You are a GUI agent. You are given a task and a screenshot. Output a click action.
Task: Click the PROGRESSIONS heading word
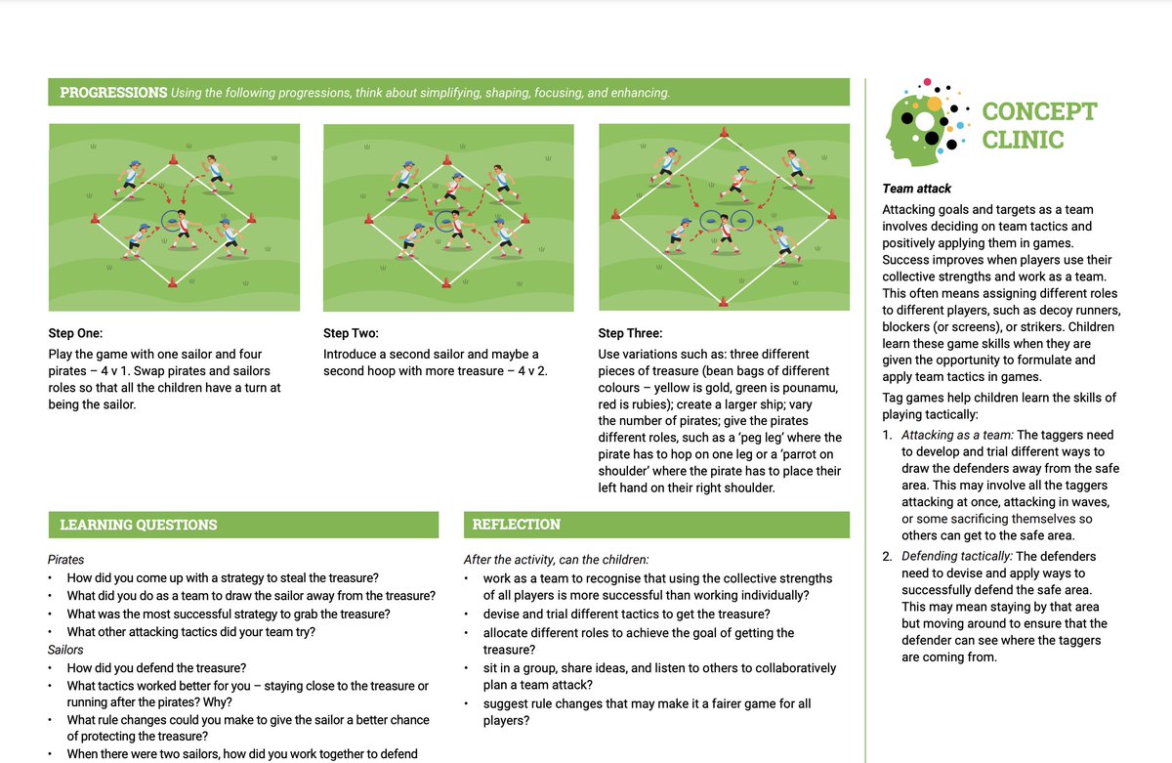pos(113,93)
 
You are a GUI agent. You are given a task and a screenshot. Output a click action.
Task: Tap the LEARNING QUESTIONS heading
pos(139,525)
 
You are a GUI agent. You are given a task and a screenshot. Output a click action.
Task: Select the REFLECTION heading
pos(516,525)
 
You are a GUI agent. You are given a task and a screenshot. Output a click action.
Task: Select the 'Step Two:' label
pos(351,333)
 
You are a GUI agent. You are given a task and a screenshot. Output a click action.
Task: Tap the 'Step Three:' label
pos(631,333)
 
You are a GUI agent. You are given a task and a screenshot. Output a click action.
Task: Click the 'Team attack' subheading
pos(916,189)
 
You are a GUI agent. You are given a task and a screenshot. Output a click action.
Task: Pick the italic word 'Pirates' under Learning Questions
pos(66,560)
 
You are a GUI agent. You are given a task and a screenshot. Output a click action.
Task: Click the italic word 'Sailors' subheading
pos(65,650)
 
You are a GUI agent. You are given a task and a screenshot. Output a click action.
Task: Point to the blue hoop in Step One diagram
pos(173,220)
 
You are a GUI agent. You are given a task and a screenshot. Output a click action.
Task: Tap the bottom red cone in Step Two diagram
pos(447,284)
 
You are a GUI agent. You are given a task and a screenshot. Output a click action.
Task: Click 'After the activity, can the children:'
pos(556,560)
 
